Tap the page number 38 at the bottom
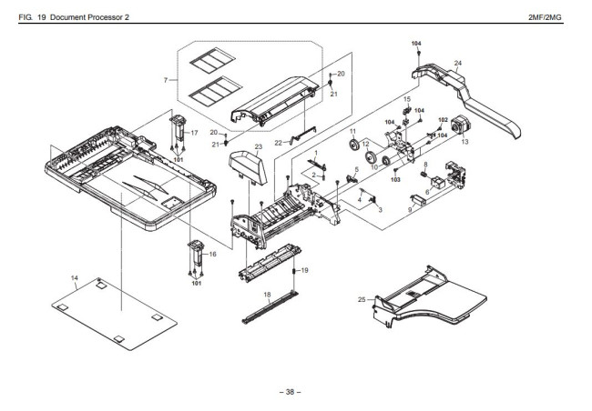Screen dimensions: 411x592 [291, 392]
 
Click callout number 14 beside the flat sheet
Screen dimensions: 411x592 [75, 276]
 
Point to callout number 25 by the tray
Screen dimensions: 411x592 [362, 300]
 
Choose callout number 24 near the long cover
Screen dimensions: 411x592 [458, 63]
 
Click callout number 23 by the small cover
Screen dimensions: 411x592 [259, 146]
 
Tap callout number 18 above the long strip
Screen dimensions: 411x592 [268, 294]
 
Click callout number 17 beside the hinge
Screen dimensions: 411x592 [193, 134]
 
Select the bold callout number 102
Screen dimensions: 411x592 [444, 120]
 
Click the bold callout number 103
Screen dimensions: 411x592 [395, 180]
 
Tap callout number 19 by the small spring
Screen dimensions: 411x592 [305, 270]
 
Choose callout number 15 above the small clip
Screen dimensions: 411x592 [407, 98]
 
